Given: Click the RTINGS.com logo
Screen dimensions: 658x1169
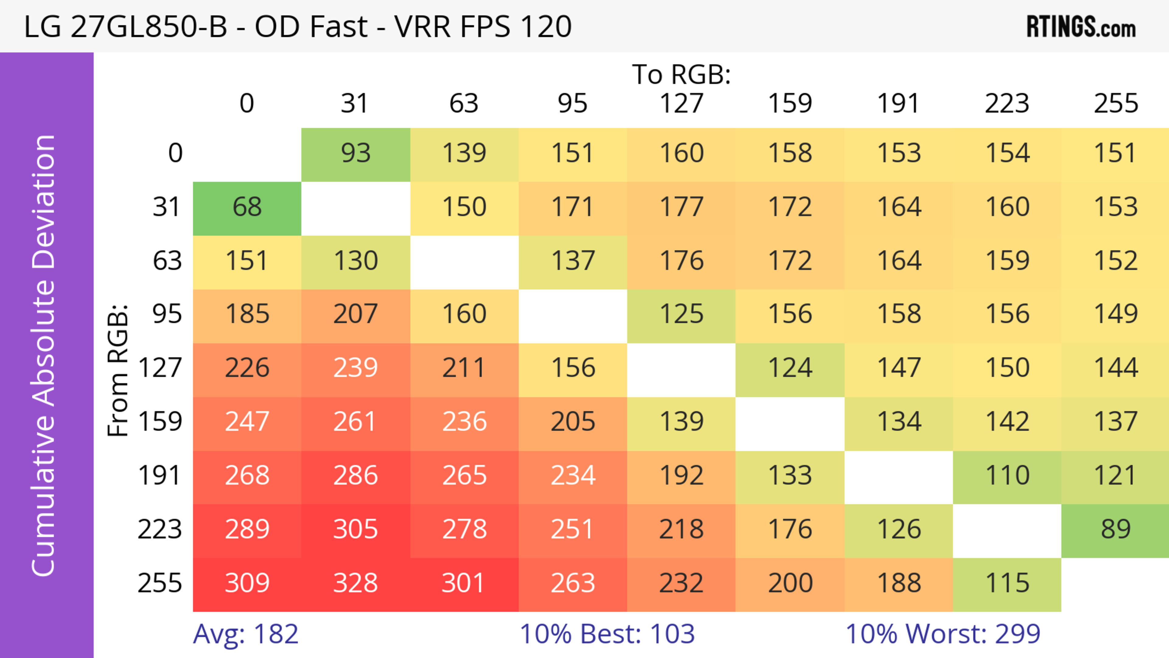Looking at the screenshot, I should pos(1081,27).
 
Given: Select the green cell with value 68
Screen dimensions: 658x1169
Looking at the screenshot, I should pos(247,207).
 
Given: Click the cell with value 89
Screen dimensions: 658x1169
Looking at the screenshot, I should pos(1115,530).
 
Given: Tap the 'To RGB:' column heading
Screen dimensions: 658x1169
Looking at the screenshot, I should pos(681,74).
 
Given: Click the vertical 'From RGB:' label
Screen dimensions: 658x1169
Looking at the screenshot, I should pos(118,370).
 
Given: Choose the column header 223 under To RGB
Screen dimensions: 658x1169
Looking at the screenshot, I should pos(1007,104).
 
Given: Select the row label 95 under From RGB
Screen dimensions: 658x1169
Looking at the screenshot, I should pos(167,314).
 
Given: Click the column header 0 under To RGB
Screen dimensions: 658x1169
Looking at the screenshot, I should pos(247,104).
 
